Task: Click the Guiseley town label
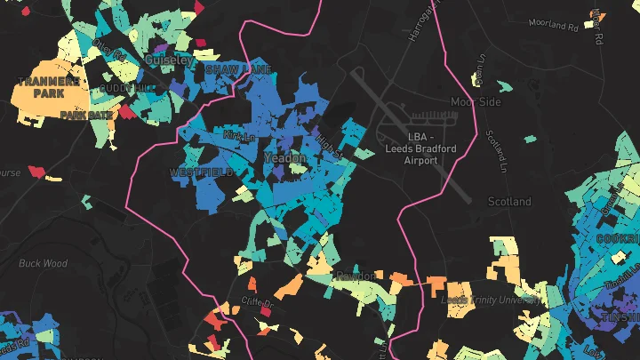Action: (168, 60)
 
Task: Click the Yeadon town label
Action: (285, 157)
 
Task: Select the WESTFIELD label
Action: (202, 172)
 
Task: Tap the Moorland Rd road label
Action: (552, 26)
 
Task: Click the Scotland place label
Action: (509, 202)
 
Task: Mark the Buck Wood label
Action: (43, 263)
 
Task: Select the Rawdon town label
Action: (356, 276)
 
